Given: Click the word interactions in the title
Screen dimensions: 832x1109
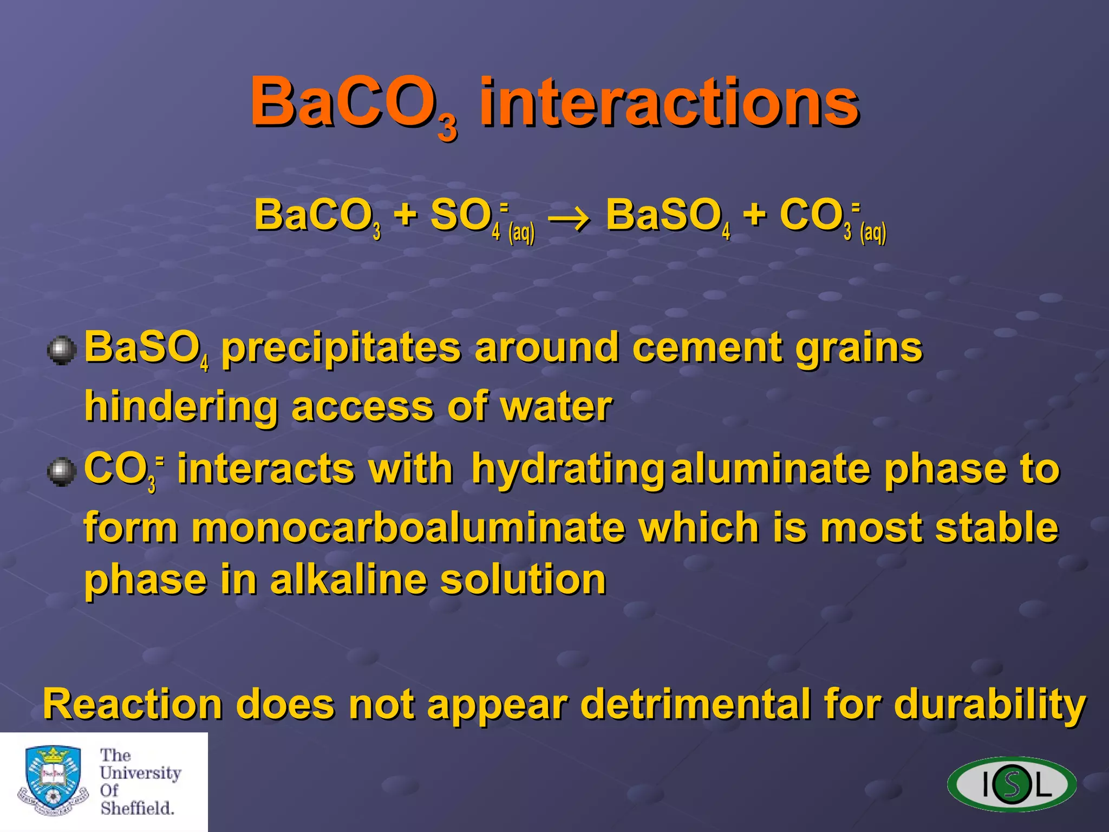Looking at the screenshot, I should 669,103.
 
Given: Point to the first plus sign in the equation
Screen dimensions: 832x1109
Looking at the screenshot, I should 405,214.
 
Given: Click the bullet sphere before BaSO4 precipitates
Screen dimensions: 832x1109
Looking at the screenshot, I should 61,350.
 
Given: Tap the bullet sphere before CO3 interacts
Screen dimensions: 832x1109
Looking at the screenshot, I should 61,472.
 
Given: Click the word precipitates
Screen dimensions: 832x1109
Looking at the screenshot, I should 341,349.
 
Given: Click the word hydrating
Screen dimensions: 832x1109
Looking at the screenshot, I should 567,470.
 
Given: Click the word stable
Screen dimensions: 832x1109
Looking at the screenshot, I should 996,528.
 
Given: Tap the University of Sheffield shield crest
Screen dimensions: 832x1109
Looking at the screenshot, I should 53,780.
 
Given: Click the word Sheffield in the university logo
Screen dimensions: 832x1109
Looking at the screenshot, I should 136,808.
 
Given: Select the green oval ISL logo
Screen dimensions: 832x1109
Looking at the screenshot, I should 1012,784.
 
